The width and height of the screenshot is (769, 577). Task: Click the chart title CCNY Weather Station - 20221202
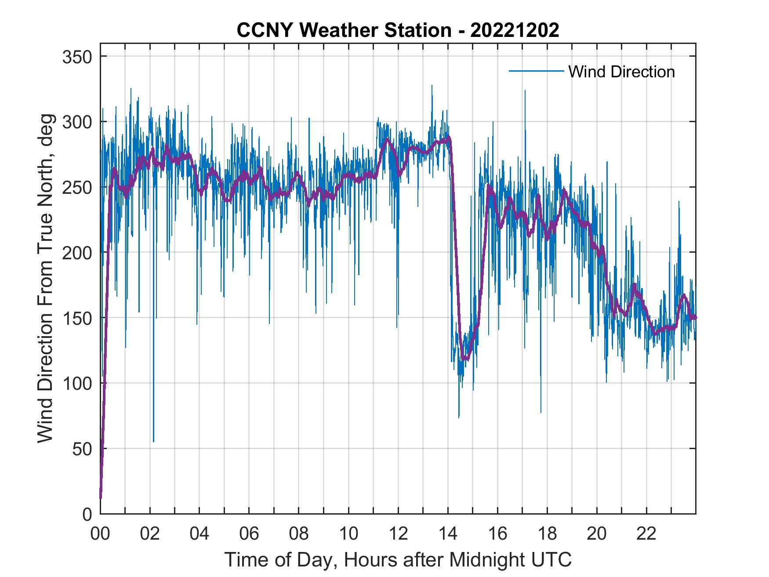point(398,30)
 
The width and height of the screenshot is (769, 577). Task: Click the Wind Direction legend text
point(621,72)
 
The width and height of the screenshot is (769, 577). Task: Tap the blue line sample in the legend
point(536,71)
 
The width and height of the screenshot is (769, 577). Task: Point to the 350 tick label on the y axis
point(77,57)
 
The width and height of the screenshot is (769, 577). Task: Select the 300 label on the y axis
point(77,122)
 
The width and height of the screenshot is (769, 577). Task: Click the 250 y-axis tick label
point(77,188)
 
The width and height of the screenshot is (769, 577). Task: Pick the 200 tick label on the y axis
point(77,253)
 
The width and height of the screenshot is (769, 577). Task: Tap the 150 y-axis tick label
point(77,318)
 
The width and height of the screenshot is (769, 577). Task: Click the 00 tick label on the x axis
point(100,534)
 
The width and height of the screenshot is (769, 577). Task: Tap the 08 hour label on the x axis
point(298,534)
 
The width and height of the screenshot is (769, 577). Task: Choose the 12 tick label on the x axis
point(398,534)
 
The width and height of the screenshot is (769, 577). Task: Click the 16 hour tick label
point(497,534)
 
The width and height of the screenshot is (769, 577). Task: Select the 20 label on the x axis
point(597,534)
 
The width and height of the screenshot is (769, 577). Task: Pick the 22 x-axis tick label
point(646,534)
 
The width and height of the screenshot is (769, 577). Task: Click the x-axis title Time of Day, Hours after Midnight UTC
point(398,560)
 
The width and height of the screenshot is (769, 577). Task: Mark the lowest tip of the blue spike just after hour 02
point(153,442)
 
